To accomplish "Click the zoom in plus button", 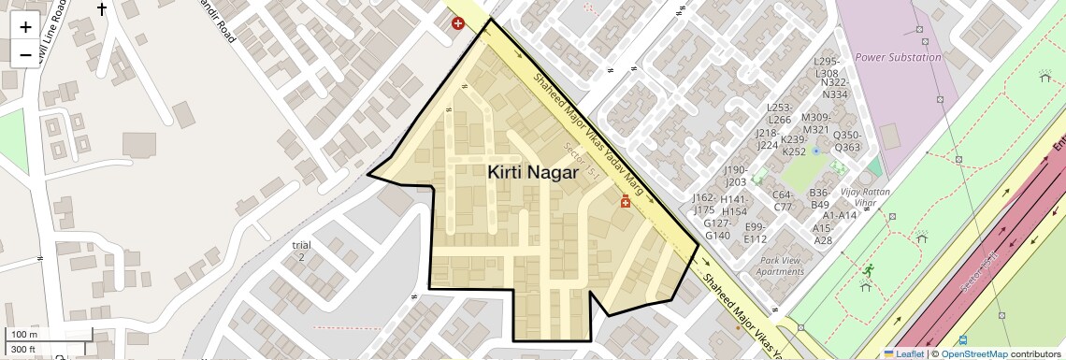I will coord(25,27).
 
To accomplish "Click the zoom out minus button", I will coord(25,55).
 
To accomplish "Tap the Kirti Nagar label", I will coord(532,172).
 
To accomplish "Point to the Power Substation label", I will coord(898,57).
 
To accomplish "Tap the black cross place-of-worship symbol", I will coord(101,10).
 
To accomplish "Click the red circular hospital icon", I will coord(458,23).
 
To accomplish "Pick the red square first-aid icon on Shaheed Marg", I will coord(626,201).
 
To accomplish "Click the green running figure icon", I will coord(869,270).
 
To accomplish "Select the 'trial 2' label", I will coord(301,251).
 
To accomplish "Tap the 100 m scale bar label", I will coord(24,335).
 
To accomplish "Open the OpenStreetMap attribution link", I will coord(973,353).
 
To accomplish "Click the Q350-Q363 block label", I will coord(846,141).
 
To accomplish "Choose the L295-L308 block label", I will coord(828,67).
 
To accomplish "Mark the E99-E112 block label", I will coord(756,233).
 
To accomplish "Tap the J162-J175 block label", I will coord(703,204).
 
